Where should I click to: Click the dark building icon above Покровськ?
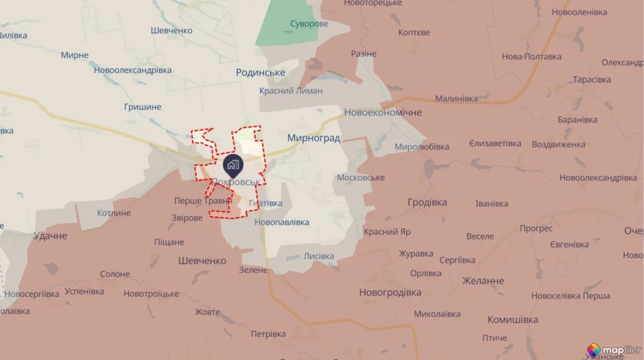coord(232,165)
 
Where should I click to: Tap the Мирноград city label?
coord(313,137)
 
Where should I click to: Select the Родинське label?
coord(260,73)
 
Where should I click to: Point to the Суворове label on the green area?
coord(309,24)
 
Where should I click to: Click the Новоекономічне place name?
coord(383,113)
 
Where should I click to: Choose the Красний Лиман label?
coord(291,91)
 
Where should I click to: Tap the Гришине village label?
coord(142,107)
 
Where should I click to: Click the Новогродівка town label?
coord(389,292)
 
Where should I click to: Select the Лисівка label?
coord(318,256)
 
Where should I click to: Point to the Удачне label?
coord(50,235)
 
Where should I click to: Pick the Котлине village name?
coord(114,213)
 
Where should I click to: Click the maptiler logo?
coord(613,349)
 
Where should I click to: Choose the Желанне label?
coord(483,281)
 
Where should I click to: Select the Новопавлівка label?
coord(282,223)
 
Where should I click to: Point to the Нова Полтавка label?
coord(531,57)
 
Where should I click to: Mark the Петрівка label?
coord(268,334)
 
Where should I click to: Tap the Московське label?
coord(360,177)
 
